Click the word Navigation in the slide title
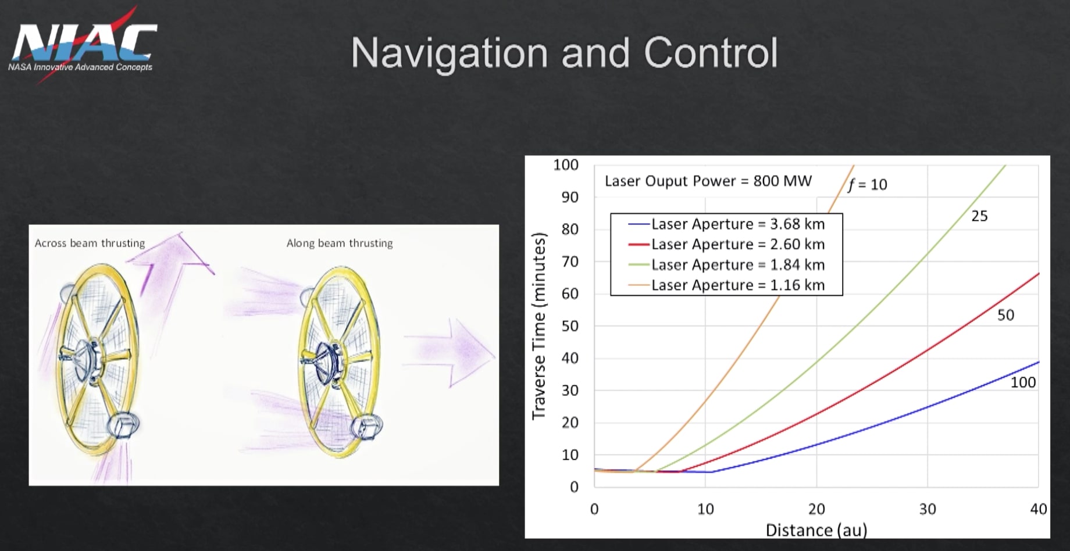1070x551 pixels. (x=449, y=53)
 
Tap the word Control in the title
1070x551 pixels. (x=710, y=53)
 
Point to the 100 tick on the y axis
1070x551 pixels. (x=565, y=165)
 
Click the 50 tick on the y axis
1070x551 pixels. (x=569, y=326)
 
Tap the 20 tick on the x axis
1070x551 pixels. (x=816, y=509)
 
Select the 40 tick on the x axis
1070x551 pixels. (x=1038, y=509)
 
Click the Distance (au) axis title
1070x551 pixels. (x=816, y=530)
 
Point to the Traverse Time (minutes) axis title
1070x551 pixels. (x=539, y=325)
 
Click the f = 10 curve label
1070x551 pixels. (x=867, y=185)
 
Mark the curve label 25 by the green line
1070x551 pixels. (x=979, y=216)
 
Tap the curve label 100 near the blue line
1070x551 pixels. (x=1023, y=382)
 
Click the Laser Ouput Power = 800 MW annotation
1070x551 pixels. (x=708, y=181)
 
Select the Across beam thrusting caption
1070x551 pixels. (x=90, y=243)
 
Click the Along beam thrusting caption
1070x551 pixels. (x=339, y=243)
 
